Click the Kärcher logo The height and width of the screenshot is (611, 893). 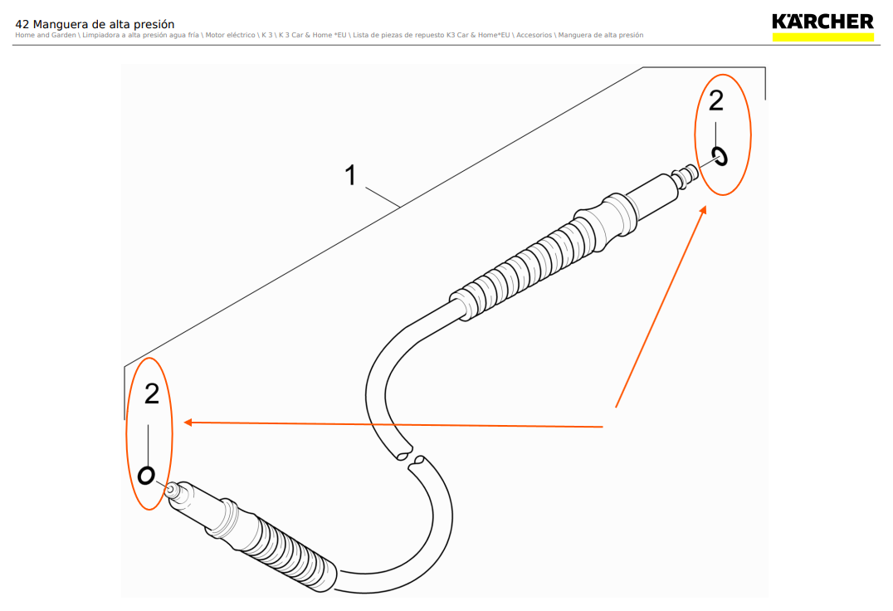click(822, 22)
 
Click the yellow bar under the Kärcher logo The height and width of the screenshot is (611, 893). click(822, 37)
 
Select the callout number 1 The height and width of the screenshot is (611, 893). click(351, 175)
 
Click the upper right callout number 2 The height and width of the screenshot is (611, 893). click(715, 100)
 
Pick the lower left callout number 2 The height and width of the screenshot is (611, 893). click(151, 393)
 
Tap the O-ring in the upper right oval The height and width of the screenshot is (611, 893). click(720, 155)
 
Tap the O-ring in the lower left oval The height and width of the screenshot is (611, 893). click(147, 475)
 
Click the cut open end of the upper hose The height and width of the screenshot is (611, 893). click(403, 453)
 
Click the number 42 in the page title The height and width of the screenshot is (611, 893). click(22, 25)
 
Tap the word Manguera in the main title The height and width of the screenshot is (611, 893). click(63, 25)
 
